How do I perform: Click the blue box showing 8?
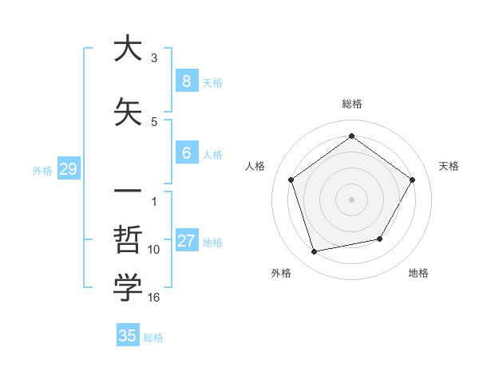(x=186, y=81)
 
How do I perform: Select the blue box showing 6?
(x=186, y=153)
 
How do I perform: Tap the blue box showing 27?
(x=186, y=241)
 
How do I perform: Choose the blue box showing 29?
(x=68, y=169)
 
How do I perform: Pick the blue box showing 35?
(x=128, y=336)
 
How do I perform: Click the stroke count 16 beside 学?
(x=154, y=298)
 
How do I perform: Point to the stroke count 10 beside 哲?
(x=154, y=250)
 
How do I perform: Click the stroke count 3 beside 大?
(x=154, y=58)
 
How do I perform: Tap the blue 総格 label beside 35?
(x=153, y=337)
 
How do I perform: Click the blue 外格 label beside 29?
(x=42, y=170)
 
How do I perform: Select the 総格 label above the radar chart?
(x=351, y=104)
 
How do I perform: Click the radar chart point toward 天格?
(x=412, y=180)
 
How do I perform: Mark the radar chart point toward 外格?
(x=315, y=251)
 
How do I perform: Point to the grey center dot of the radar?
(x=351, y=199)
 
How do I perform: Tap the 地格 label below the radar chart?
(x=418, y=273)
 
